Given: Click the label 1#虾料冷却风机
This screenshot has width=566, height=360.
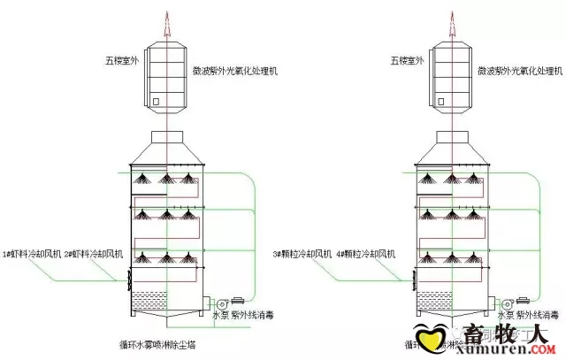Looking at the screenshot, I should coord(33,255).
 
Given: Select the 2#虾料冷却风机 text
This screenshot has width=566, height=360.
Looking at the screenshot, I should coord(95,255).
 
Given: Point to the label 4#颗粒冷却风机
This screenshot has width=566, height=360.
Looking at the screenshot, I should coord(365,255).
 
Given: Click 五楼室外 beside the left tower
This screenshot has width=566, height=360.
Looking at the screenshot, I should coord(122,62).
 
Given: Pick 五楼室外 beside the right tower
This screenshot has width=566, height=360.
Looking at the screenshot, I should coord(409,62).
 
